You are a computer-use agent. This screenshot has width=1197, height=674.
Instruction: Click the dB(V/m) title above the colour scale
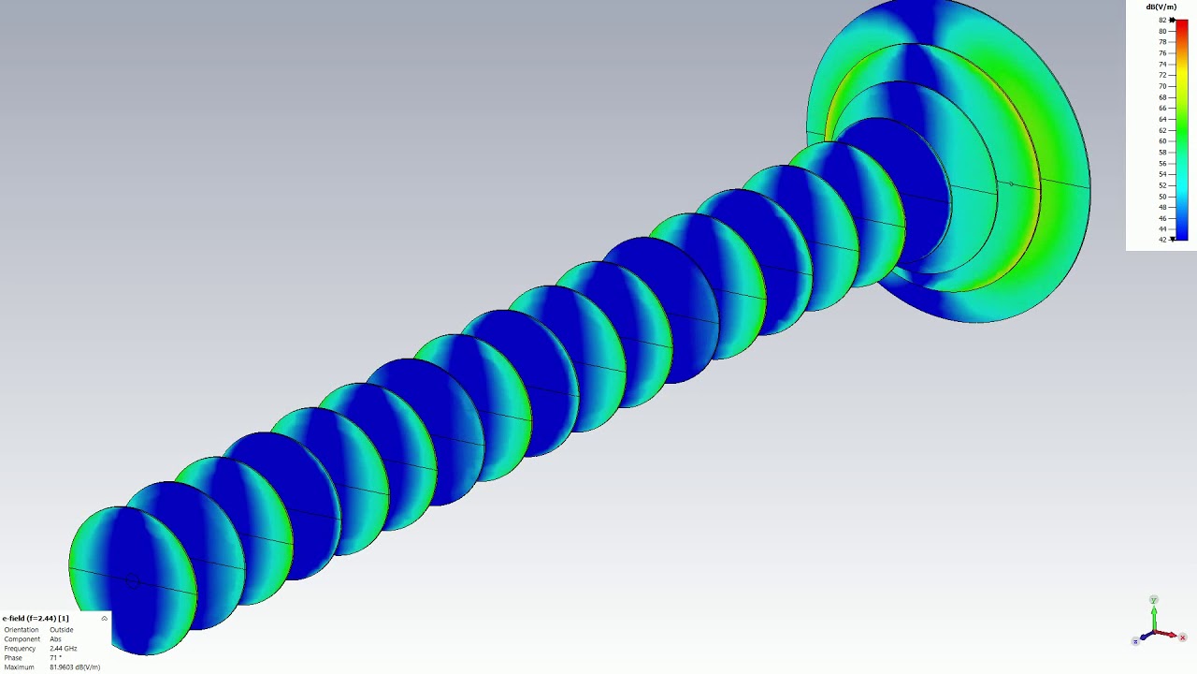click(1161, 7)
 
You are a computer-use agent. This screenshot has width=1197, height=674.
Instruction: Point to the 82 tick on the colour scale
click(1162, 21)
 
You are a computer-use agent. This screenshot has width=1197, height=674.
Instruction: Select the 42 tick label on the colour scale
click(1162, 240)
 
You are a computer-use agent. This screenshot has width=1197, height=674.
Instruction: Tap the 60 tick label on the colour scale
click(1162, 141)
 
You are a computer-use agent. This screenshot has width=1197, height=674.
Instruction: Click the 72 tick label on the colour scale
click(1162, 76)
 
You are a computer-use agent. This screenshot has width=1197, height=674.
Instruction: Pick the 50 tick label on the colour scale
click(1162, 197)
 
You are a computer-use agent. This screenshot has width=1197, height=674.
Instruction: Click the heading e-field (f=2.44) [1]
click(36, 619)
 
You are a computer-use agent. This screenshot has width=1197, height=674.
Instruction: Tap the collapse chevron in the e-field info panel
click(104, 619)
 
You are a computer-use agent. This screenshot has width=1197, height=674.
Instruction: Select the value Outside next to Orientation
click(62, 630)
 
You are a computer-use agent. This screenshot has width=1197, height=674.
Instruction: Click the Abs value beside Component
click(55, 639)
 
